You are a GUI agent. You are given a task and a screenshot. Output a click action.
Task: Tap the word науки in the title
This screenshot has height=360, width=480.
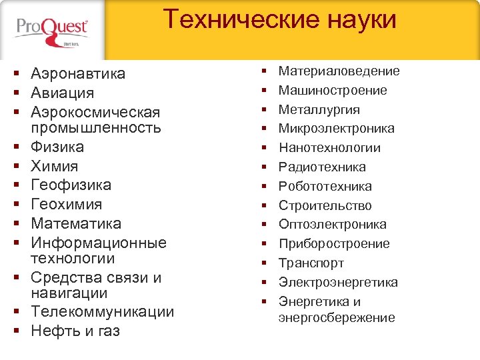pos(360,19)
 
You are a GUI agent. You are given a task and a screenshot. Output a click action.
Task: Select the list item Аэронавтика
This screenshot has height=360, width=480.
pos(78,73)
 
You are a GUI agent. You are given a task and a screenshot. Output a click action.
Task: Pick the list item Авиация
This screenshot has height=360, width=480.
pos(63,93)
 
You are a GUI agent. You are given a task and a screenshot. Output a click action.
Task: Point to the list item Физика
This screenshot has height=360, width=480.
pos(57,147)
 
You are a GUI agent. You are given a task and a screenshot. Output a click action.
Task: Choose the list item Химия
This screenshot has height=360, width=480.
pos(55,166)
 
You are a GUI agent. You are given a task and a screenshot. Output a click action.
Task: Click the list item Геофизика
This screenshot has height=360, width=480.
pos(71,185)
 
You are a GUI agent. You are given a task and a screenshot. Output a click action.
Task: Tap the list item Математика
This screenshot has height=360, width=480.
pos(76,223)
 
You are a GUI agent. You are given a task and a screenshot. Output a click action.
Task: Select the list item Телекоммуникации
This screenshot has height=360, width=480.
pos(103,312)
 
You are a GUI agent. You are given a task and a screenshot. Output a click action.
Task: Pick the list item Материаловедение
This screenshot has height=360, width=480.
pos(339,71)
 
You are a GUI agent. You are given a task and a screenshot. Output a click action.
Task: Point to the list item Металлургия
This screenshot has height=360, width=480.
pos(319,109)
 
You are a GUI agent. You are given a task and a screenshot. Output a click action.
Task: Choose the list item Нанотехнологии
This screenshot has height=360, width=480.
pos(329,147)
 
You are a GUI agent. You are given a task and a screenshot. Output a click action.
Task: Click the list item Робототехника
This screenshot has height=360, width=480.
pos(325,186)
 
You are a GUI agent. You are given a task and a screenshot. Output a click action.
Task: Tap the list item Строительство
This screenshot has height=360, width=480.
pos(325,205)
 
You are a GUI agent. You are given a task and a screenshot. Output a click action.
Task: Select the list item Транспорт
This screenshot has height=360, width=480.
pos(311,263)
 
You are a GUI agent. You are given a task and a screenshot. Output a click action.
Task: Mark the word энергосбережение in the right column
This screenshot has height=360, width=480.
pos(337,318)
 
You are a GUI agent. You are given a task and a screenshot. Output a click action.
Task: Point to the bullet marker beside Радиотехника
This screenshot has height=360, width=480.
pos(264,167)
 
